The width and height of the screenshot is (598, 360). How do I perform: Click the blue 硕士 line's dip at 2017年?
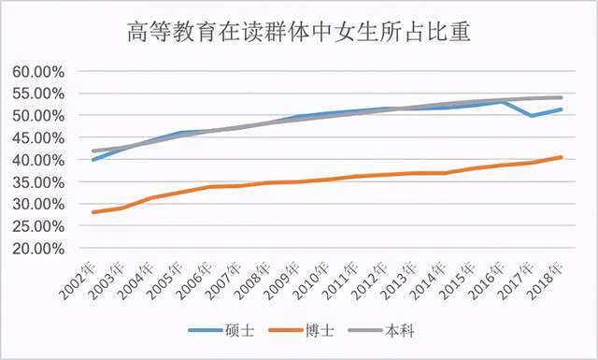pos(531,116)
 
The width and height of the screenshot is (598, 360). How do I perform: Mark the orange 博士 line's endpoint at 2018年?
pos(561,157)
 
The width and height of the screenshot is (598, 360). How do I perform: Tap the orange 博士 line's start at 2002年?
pos(93,212)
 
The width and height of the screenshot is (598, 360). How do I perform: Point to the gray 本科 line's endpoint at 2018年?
pos(561,97)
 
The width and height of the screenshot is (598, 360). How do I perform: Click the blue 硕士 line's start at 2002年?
pos(93,159)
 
